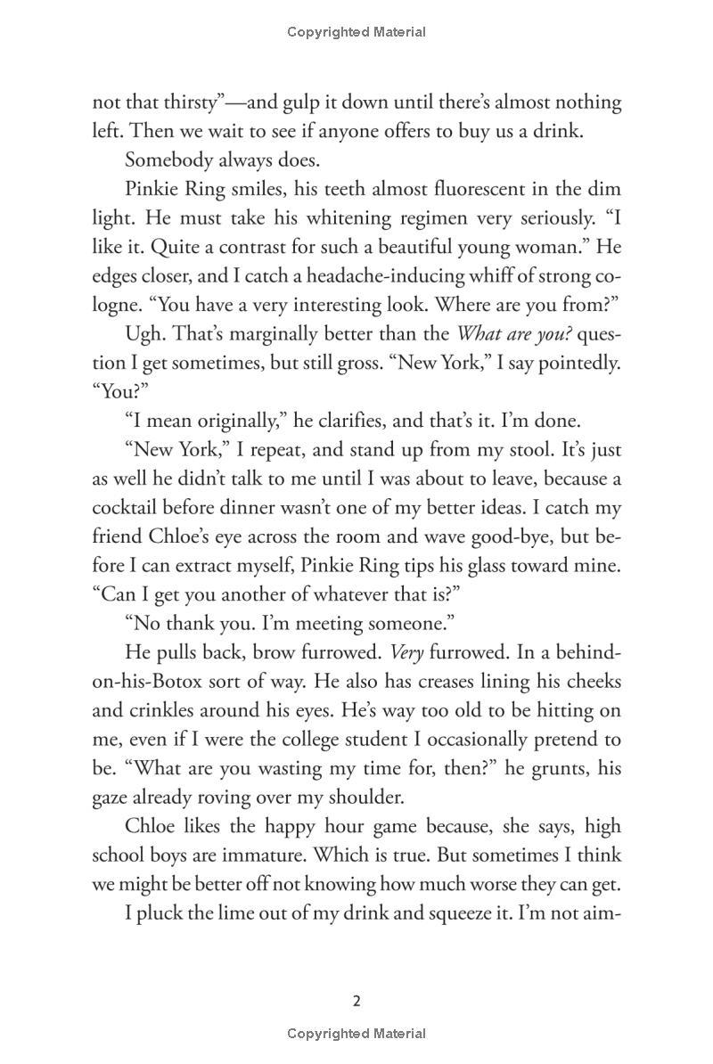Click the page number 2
(356, 1001)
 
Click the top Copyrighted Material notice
(356, 32)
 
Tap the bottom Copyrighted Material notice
(356, 1034)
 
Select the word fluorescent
(499, 189)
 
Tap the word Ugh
(144, 334)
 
